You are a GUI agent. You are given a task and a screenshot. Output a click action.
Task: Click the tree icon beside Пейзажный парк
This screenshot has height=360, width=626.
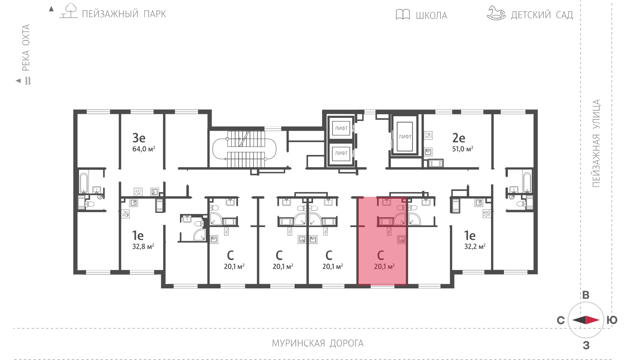pyautogui.click(x=69, y=11)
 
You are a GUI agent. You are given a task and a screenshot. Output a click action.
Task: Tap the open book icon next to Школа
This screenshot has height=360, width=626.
pyautogui.click(x=403, y=14)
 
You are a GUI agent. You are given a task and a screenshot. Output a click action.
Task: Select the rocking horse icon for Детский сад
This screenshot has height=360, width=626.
pyautogui.click(x=496, y=13)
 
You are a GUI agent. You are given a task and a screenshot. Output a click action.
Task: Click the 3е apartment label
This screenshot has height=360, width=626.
pyautogui.click(x=139, y=138)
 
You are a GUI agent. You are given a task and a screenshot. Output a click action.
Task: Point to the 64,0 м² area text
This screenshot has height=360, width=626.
pyautogui.click(x=144, y=149)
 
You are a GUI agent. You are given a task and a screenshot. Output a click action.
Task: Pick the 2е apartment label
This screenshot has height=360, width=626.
pyautogui.click(x=459, y=138)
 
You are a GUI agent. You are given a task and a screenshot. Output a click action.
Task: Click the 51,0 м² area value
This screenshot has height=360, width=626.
pyautogui.click(x=463, y=149)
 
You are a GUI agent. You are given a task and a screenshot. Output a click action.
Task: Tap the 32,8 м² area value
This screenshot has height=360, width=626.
pyautogui.click(x=143, y=247)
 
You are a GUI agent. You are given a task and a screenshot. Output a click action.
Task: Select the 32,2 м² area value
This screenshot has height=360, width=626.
pyautogui.click(x=475, y=247)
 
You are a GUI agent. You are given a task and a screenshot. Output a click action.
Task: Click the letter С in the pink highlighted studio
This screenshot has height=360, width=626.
pyautogui.click(x=380, y=255)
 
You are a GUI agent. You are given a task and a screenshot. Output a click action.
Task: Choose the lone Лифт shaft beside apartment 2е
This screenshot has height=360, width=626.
pyautogui.click(x=405, y=137)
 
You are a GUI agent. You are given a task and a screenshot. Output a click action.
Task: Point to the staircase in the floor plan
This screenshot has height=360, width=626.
pyautogui.click(x=245, y=149)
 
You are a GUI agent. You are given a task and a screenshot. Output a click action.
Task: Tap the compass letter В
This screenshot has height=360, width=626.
pyautogui.click(x=586, y=295)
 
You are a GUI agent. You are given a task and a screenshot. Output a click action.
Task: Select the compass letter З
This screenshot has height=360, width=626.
pyautogui.click(x=586, y=346)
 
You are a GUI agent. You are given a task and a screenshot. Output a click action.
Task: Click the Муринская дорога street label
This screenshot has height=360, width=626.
pyautogui.click(x=318, y=343)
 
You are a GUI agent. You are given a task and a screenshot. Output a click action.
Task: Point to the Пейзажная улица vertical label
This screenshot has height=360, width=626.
pyautogui.click(x=596, y=143)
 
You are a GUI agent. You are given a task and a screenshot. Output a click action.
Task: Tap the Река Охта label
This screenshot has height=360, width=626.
pyautogui.click(x=26, y=47)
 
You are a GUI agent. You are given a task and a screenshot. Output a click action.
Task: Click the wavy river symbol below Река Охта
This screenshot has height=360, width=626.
pyautogui.click(x=28, y=81)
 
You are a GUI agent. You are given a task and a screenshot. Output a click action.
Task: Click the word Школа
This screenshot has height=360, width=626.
pyautogui.click(x=432, y=15)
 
